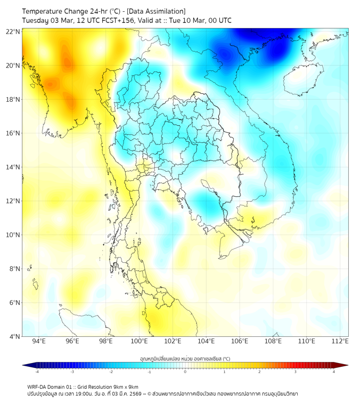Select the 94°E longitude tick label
[x=39, y=341]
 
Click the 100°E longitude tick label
[x=139, y=341]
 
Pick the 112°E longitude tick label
[x=340, y=341]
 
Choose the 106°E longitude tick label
[x=240, y=341]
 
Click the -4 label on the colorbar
[x=36, y=372]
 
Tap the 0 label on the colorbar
[x=185, y=372]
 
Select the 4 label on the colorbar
[x=333, y=372]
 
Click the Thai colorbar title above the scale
[x=185, y=358]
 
